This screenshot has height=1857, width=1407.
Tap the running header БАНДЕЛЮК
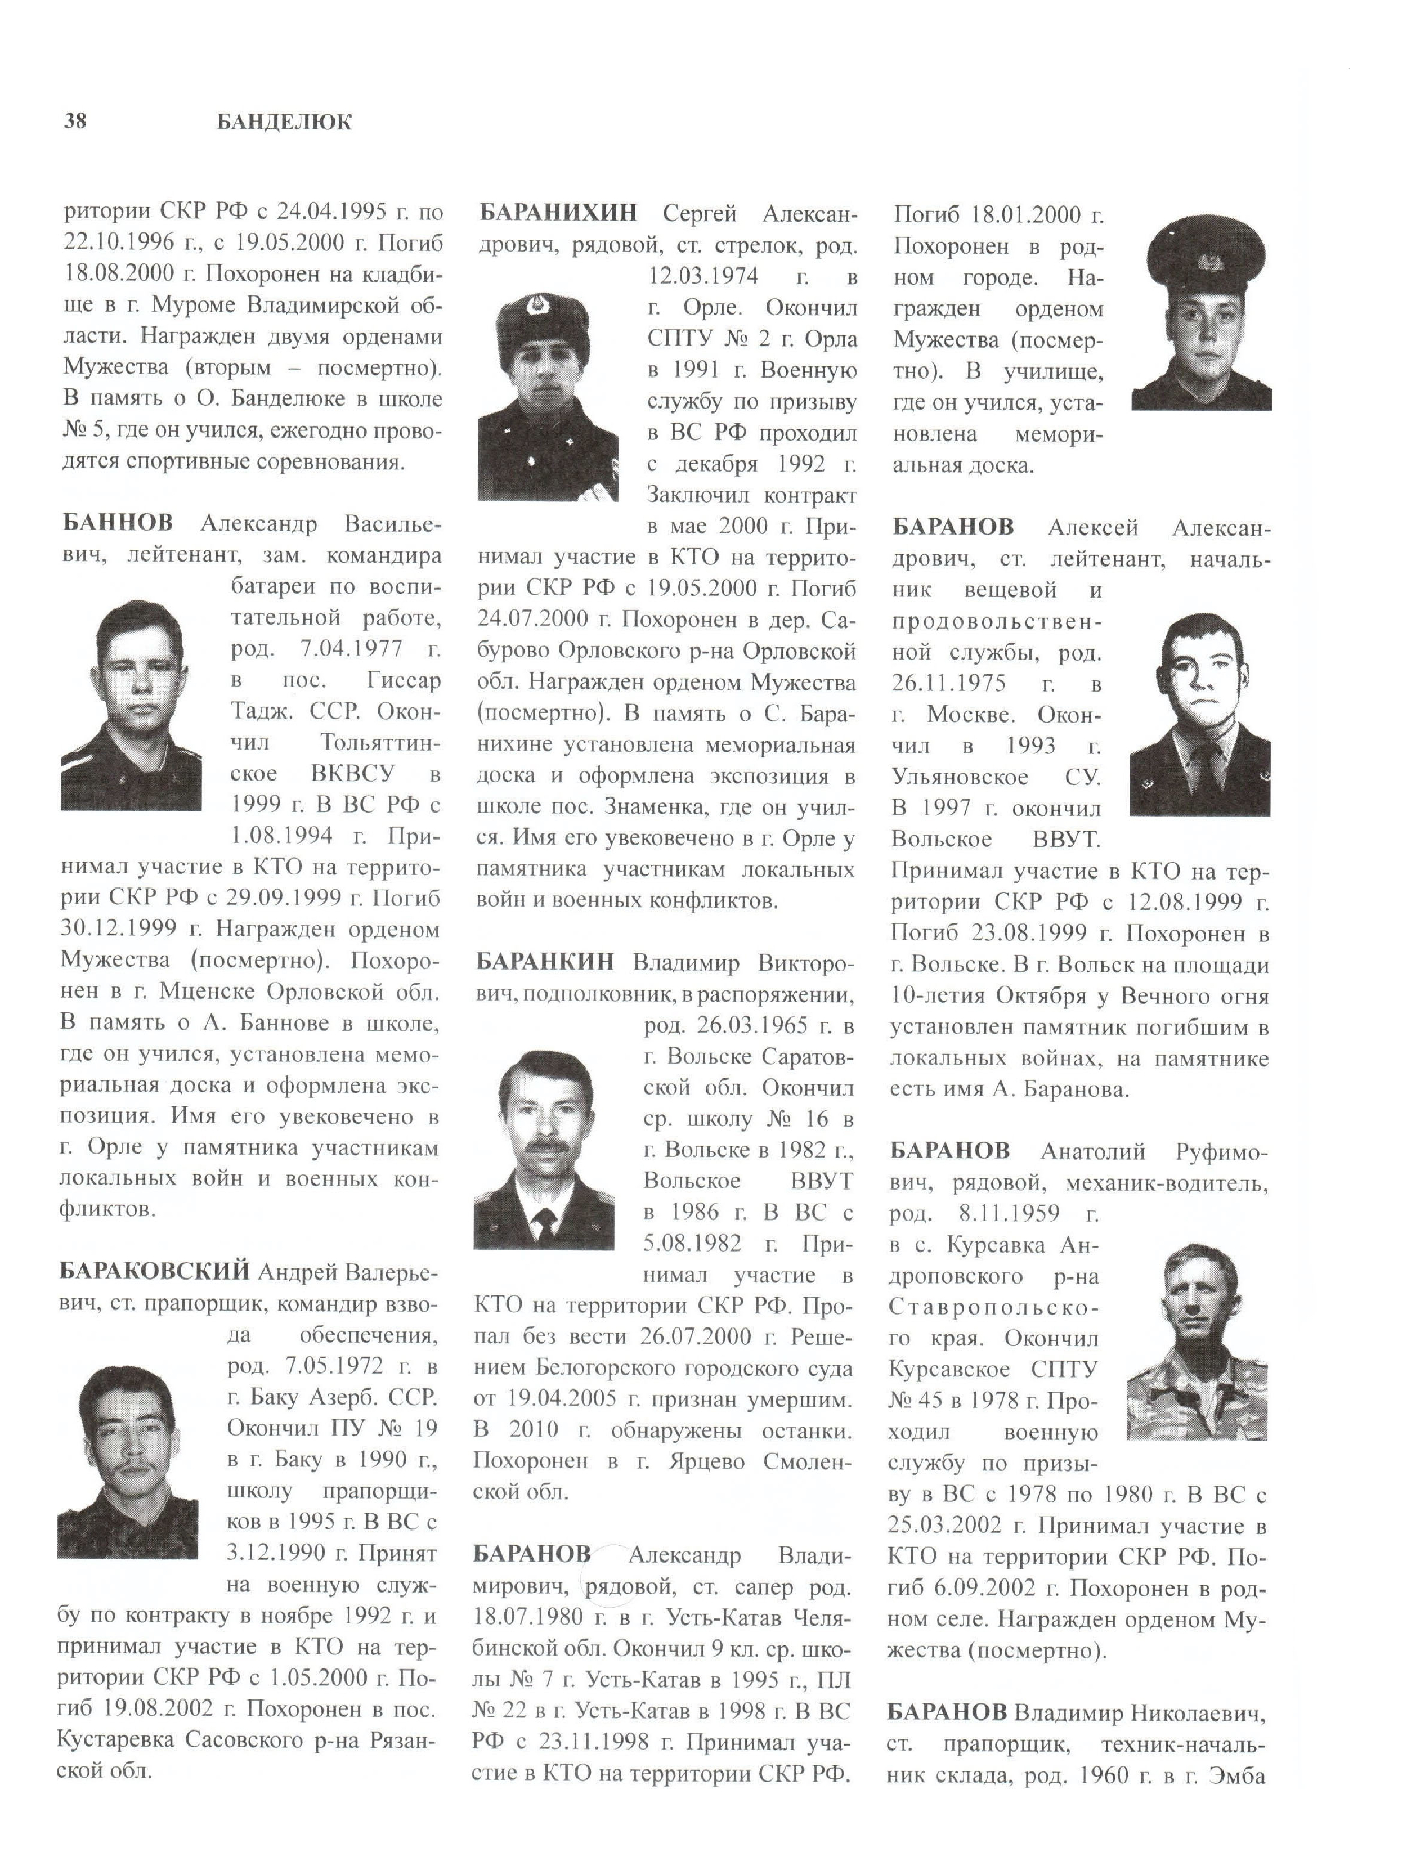[x=284, y=123]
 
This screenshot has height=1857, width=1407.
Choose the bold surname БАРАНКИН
[x=545, y=961]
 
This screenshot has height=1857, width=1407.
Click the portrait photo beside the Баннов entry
[x=131, y=705]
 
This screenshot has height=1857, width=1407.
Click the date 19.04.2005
[x=570, y=1398]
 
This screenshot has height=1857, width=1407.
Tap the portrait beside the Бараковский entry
[x=128, y=1461]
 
